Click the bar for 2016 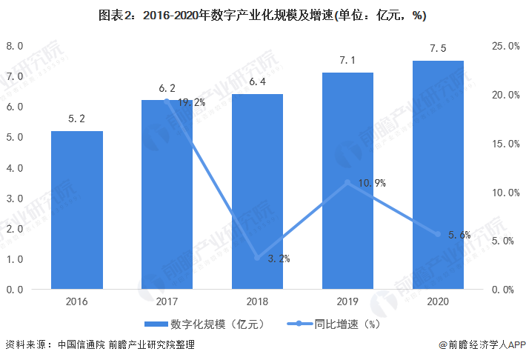77,210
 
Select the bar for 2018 258,191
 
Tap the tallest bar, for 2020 439,175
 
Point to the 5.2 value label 77,119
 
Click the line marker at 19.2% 167,101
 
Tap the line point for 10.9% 348,182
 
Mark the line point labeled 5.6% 439,234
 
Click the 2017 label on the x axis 167,301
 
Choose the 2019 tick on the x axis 348,301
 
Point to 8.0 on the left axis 16,46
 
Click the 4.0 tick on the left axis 16,168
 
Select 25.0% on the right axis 505,46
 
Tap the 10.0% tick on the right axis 505,193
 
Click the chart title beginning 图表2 262,15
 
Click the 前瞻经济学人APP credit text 482,345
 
